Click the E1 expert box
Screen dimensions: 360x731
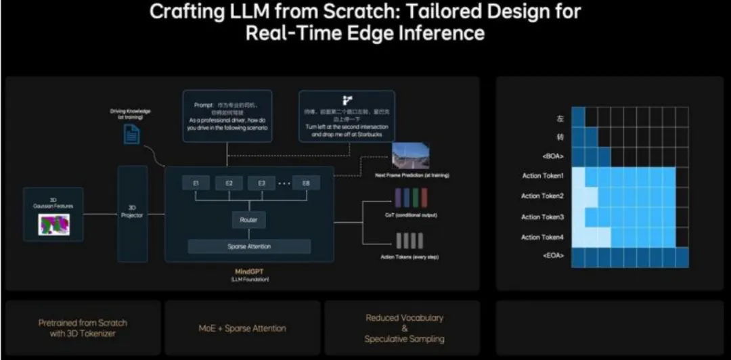[196, 183]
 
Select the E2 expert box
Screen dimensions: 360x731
[229, 183]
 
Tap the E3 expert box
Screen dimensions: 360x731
[261, 183]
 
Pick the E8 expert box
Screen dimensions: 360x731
[306, 183]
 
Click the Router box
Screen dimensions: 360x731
[248, 220]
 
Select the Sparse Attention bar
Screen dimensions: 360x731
[249, 246]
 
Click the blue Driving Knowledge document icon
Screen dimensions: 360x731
[131, 135]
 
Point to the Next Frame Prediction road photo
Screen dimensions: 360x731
[410, 156]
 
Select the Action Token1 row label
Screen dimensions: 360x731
[542, 176]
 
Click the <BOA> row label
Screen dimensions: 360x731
[552, 155]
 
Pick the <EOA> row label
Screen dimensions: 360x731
[552, 258]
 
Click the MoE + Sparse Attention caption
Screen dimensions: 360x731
[242, 328]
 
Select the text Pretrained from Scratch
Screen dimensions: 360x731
[82, 323]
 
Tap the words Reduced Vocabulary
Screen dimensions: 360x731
[405, 318]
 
